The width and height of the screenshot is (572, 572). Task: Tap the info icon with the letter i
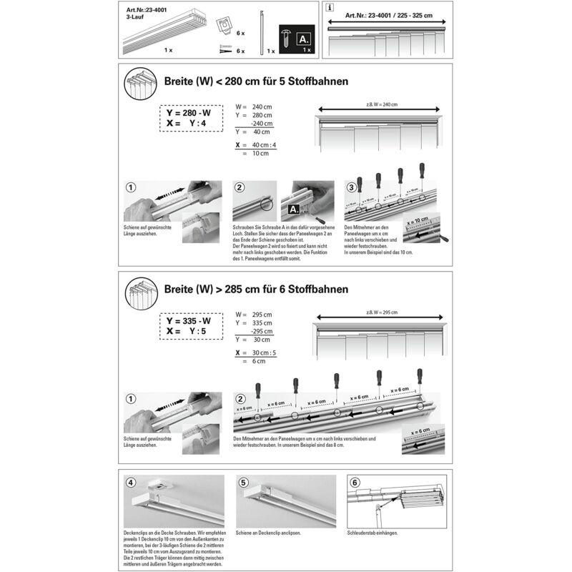(328, 9)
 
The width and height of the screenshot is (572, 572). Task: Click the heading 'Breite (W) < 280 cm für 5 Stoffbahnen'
(256, 82)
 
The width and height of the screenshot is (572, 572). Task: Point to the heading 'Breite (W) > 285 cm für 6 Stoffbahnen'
(256, 290)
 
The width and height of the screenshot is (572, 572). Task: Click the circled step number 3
(351, 187)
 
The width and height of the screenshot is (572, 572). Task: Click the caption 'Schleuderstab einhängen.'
(373, 534)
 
